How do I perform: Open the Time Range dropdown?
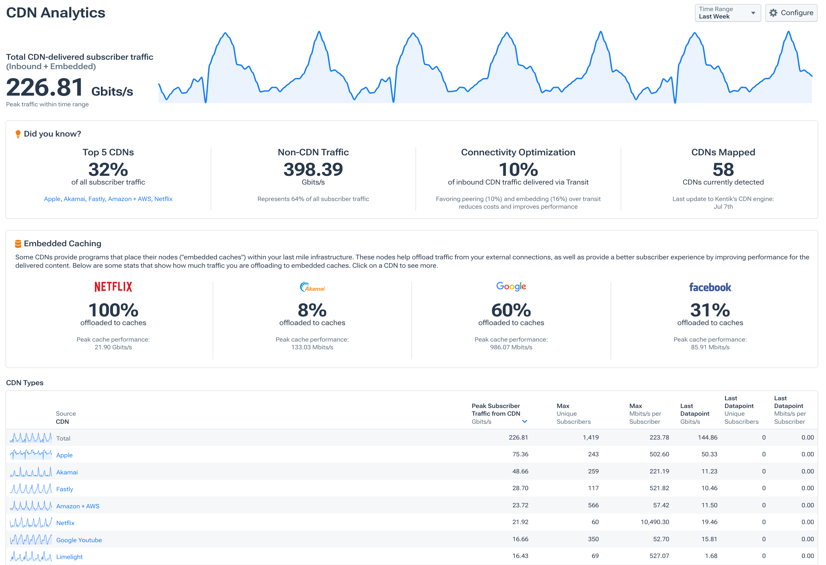point(727,13)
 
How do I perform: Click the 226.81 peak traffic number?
point(45,88)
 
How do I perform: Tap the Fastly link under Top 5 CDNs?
point(96,199)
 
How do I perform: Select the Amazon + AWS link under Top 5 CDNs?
point(129,199)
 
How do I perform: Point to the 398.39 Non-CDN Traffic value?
point(313,169)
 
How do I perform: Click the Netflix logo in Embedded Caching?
point(113,287)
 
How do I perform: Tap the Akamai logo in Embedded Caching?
point(312,287)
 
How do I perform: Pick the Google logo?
point(511,287)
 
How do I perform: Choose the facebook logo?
point(710,287)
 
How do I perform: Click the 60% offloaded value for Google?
point(511,310)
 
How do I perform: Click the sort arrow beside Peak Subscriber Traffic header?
point(524,421)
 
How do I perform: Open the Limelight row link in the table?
point(69,557)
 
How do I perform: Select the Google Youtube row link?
point(79,540)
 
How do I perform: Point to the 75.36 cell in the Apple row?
point(520,454)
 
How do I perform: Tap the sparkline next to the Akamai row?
point(31,472)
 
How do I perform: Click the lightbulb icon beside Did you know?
point(18,134)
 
